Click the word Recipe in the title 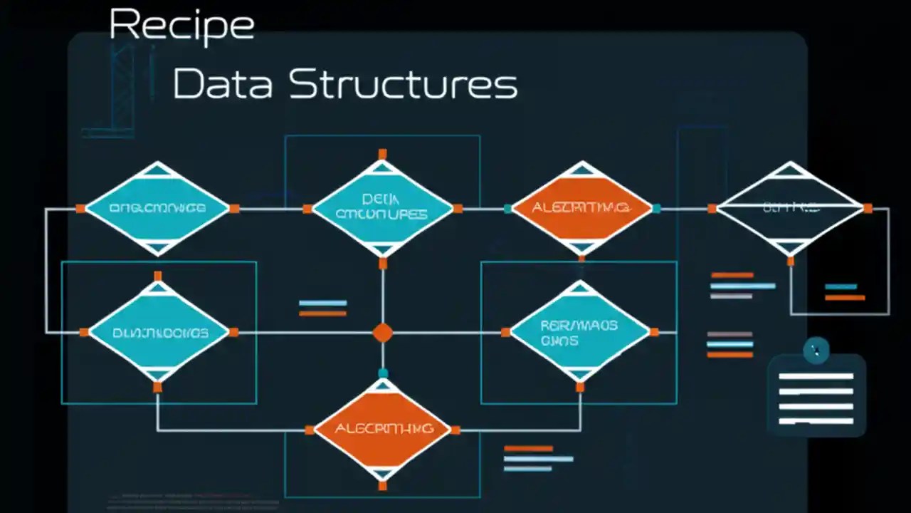point(181,26)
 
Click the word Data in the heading point(222,84)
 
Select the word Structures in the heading point(403,84)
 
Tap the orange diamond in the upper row point(581,208)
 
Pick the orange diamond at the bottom point(383,429)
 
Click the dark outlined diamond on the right point(790,208)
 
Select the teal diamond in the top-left point(157,208)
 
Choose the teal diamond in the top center point(382,208)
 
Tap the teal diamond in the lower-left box point(158,332)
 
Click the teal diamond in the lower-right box point(580,332)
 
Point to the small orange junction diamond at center point(383,333)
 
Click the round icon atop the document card point(816,351)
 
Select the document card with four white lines point(816,398)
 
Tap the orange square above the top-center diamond point(383,154)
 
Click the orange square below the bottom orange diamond point(383,486)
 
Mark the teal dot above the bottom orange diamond point(383,373)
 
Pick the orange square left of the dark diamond point(712,208)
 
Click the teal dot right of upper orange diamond point(656,208)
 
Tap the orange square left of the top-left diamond point(80,208)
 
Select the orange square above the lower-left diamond point(158,276)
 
